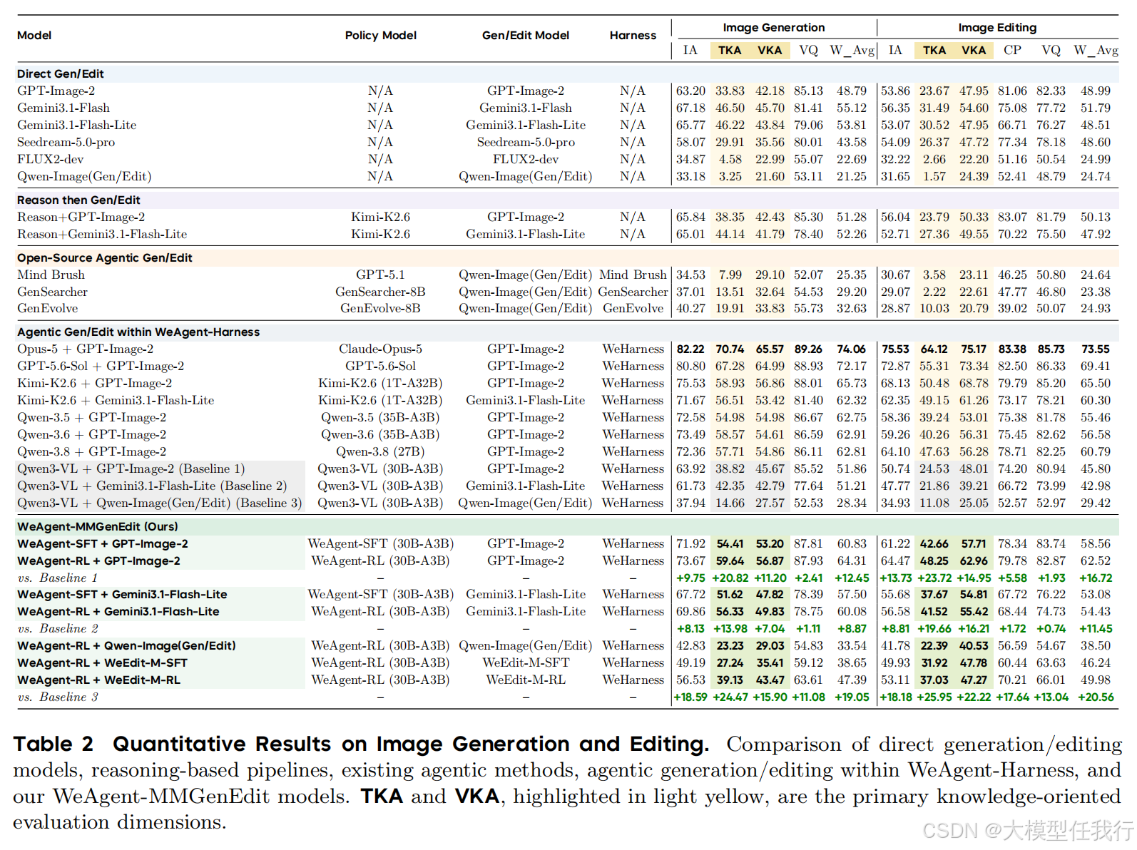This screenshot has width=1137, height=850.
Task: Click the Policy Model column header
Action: click(x=380, y=35)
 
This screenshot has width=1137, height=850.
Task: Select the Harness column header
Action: click(x=633, y=35)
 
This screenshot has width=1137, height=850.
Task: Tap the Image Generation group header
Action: click(x=773, y=27)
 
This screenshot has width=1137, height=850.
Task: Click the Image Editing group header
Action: click(x=996, y=27)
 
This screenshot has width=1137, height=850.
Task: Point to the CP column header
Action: click(x=1011, y=50)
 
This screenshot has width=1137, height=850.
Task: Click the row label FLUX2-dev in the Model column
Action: click(x=50, y=159)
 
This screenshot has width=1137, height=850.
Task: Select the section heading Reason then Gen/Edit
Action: click(x=78, y=200)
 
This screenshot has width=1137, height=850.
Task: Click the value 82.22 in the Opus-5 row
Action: click(x=690, y=349)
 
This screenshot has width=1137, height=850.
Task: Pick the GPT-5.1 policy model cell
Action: click(x=380, y=275)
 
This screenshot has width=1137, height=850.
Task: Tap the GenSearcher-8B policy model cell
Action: click(x=380, y=292)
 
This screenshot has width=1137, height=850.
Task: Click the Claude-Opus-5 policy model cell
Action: click(x=380, y=349)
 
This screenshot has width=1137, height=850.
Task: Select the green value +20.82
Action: click(x=730, y=578)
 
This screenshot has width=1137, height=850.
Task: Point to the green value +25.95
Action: click(x=934, y=697)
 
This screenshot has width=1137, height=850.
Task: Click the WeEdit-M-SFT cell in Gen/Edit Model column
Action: click(x=525, y=662)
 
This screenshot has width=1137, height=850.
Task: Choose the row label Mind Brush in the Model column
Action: click(x=51, y=275)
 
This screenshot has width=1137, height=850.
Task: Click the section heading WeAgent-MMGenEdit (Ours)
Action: click(x=98, y=526)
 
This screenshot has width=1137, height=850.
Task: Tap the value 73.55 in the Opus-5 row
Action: click(x=1095, y=349)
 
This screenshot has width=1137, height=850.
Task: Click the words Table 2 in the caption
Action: click(x=53, y=744)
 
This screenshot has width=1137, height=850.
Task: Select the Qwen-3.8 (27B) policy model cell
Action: click(x=380, y=451)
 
